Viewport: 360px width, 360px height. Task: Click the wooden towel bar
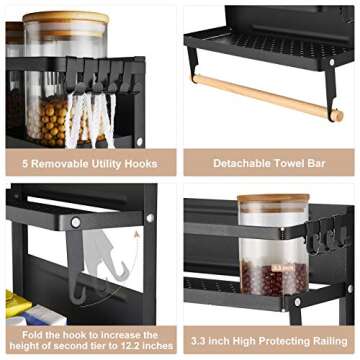265,95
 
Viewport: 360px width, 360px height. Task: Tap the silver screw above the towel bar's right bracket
331,63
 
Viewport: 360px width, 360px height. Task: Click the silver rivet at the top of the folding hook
75,222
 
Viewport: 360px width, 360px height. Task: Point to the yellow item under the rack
17,299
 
